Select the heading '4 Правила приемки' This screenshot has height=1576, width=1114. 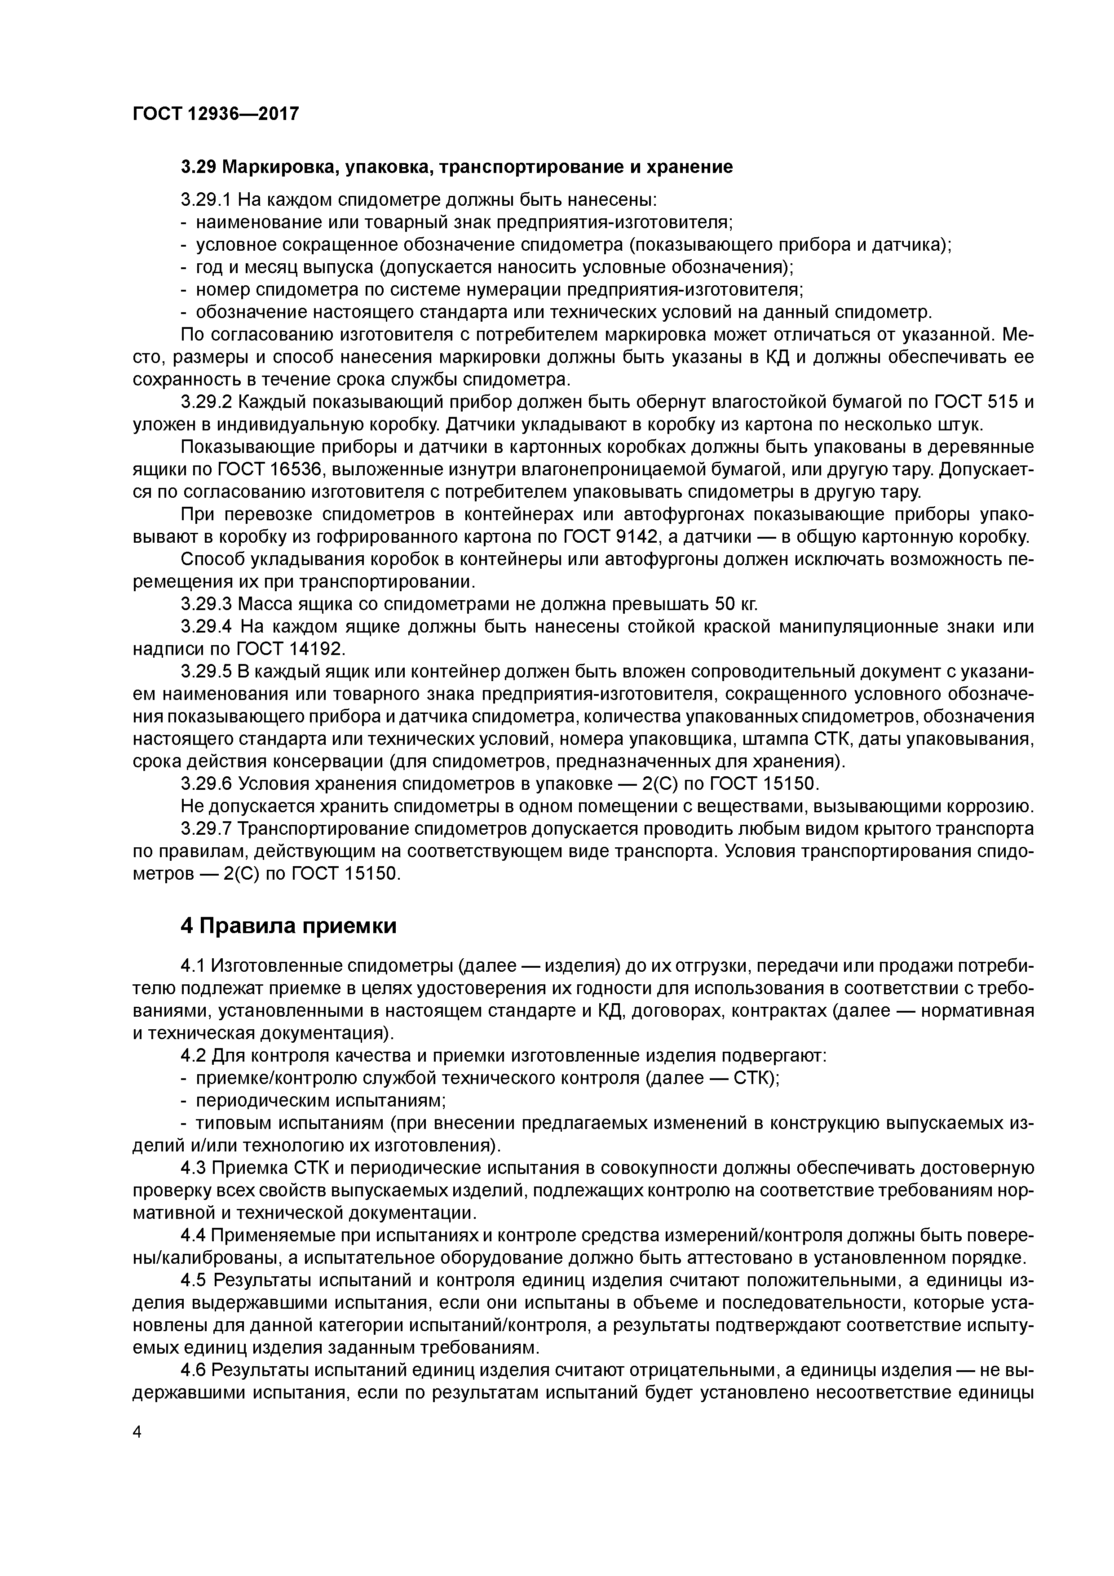click(288, 926)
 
